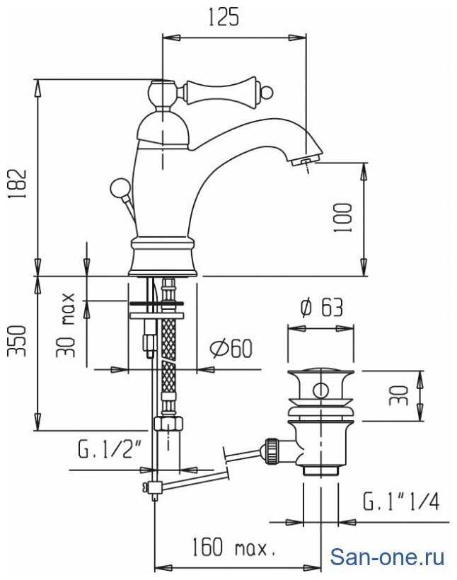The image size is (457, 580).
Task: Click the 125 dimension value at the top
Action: point(224,18)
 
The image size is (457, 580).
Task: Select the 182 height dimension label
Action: point(18,184)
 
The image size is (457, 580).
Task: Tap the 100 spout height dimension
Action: point(342,218)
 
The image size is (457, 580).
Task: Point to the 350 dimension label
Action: point(18,341)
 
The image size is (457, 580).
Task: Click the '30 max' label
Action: point(66,325)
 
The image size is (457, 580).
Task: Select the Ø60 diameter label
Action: point(231,349)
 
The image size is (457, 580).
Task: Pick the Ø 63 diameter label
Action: point(322,308)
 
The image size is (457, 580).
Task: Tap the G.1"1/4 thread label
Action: point(400,501)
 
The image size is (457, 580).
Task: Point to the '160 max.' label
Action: point(234,547)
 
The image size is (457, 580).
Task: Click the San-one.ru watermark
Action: point(387,557)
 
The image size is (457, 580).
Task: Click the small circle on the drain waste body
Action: point(320,390)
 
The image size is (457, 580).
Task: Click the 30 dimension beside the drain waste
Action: point(398,395)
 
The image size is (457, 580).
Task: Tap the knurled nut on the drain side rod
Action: point(271,450)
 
